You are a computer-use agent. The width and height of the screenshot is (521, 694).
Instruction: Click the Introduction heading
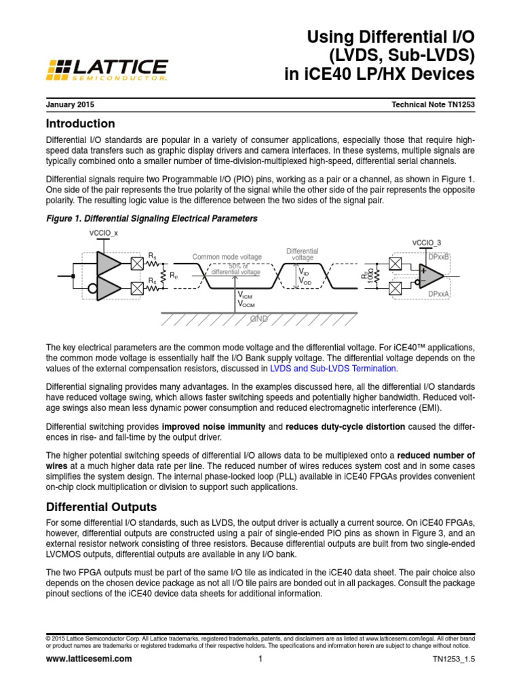tap(80, 124)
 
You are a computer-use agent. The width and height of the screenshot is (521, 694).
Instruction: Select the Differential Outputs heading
tap(100, 507)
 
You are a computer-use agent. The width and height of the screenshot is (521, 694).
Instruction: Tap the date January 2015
tap(70, 106)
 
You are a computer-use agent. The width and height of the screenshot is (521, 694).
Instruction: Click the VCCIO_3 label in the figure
tap(426, 243)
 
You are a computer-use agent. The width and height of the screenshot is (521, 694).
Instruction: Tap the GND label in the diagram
tap(259, 318)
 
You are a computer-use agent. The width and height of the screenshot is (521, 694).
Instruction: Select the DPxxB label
tap(439, 256)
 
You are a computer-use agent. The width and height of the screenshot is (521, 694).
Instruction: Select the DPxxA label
tap(439, 293)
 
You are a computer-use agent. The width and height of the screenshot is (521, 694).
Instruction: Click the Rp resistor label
tap(174, 277)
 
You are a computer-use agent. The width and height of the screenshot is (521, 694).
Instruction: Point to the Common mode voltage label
tap(227, 257)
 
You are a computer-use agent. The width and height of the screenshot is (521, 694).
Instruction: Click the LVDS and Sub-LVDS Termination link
tap(333, 368)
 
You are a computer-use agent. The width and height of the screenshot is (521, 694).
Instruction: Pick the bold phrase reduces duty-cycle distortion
tap(345, 427)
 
